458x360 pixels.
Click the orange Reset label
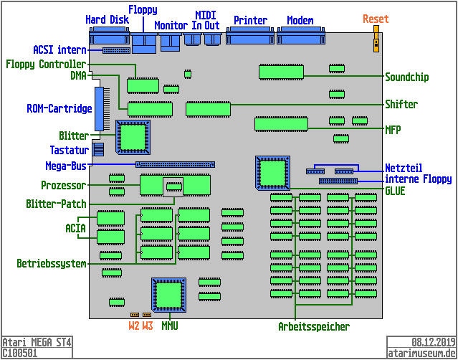(376, 19)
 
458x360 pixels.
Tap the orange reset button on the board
(375, 43)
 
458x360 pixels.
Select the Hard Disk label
(107, 19)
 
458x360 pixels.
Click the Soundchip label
(411, 77)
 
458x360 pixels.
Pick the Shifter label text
(401, 104)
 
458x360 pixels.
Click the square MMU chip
(169, 295)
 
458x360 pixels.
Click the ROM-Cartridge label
(59, 109)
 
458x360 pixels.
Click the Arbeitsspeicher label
(313, 327)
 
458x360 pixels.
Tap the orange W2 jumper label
(134, 326)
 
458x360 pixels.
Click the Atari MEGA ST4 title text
(37, 342)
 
